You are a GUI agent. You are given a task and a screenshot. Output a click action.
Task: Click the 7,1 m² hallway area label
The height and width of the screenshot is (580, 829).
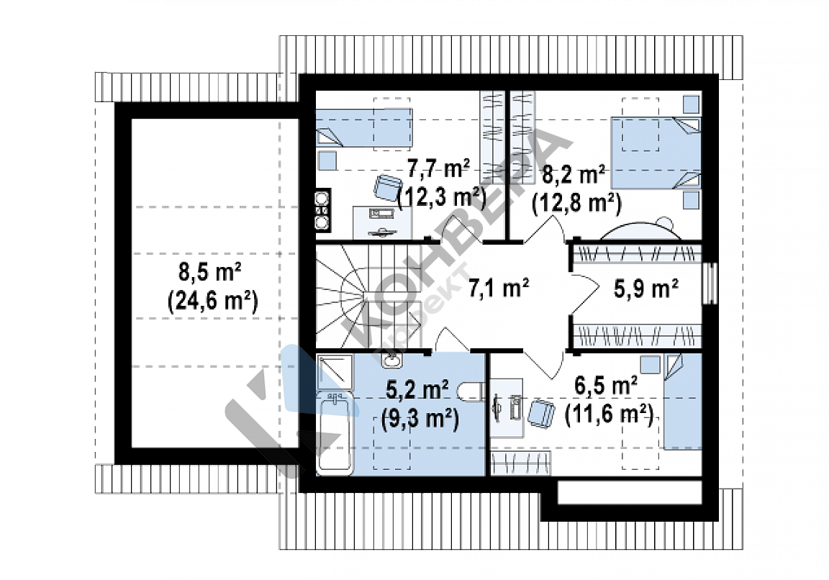499,289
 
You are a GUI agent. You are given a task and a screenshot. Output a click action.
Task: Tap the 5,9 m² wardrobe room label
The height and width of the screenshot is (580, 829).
646,289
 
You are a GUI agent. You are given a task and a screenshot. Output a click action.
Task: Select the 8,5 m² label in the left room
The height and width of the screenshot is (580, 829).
210,272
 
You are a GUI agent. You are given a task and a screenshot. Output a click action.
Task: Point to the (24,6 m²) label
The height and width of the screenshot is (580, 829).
212,302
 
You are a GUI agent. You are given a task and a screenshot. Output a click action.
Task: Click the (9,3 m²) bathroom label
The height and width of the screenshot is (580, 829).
420,419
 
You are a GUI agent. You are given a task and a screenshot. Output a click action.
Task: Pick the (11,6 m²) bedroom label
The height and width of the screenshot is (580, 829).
609,414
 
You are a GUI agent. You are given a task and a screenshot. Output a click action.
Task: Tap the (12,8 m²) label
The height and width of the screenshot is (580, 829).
576,202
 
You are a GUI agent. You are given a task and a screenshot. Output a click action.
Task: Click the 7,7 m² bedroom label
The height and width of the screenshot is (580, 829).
438,168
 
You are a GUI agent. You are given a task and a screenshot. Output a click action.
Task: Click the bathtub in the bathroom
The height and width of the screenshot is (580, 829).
334,433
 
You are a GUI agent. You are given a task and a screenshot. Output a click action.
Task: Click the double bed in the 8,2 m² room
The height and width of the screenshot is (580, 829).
656,153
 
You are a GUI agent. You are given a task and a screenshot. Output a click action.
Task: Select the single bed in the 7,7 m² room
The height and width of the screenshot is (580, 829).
364,127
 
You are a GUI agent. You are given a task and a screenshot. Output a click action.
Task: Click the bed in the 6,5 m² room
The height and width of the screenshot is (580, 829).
682,402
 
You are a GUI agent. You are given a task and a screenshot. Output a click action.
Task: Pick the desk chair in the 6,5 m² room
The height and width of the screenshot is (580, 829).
541,413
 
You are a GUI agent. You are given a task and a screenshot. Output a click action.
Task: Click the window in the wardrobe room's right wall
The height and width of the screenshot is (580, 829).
710,284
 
